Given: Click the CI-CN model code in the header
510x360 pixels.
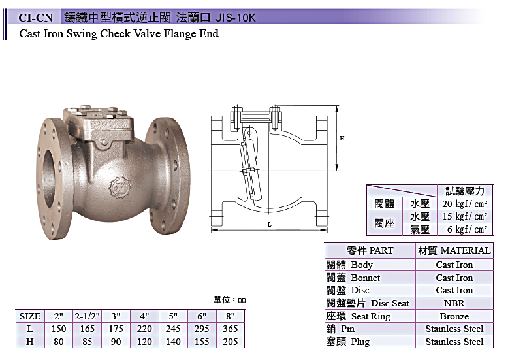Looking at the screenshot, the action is click(35, 18).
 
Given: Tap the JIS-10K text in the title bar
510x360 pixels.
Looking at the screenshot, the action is click(236, 18).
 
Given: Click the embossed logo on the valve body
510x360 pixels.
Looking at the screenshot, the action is click(120, 187).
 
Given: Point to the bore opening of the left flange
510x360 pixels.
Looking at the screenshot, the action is click(49, 179).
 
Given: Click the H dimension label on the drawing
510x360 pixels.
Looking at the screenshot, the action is click(342, 139).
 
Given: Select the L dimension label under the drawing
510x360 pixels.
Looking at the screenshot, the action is click(269, 225).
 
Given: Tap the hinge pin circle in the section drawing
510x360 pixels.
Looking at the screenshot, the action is click(249, 133).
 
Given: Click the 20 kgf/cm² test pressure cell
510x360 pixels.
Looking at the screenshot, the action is click(465, 204).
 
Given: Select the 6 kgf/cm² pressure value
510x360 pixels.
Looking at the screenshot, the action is click(467, 229).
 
